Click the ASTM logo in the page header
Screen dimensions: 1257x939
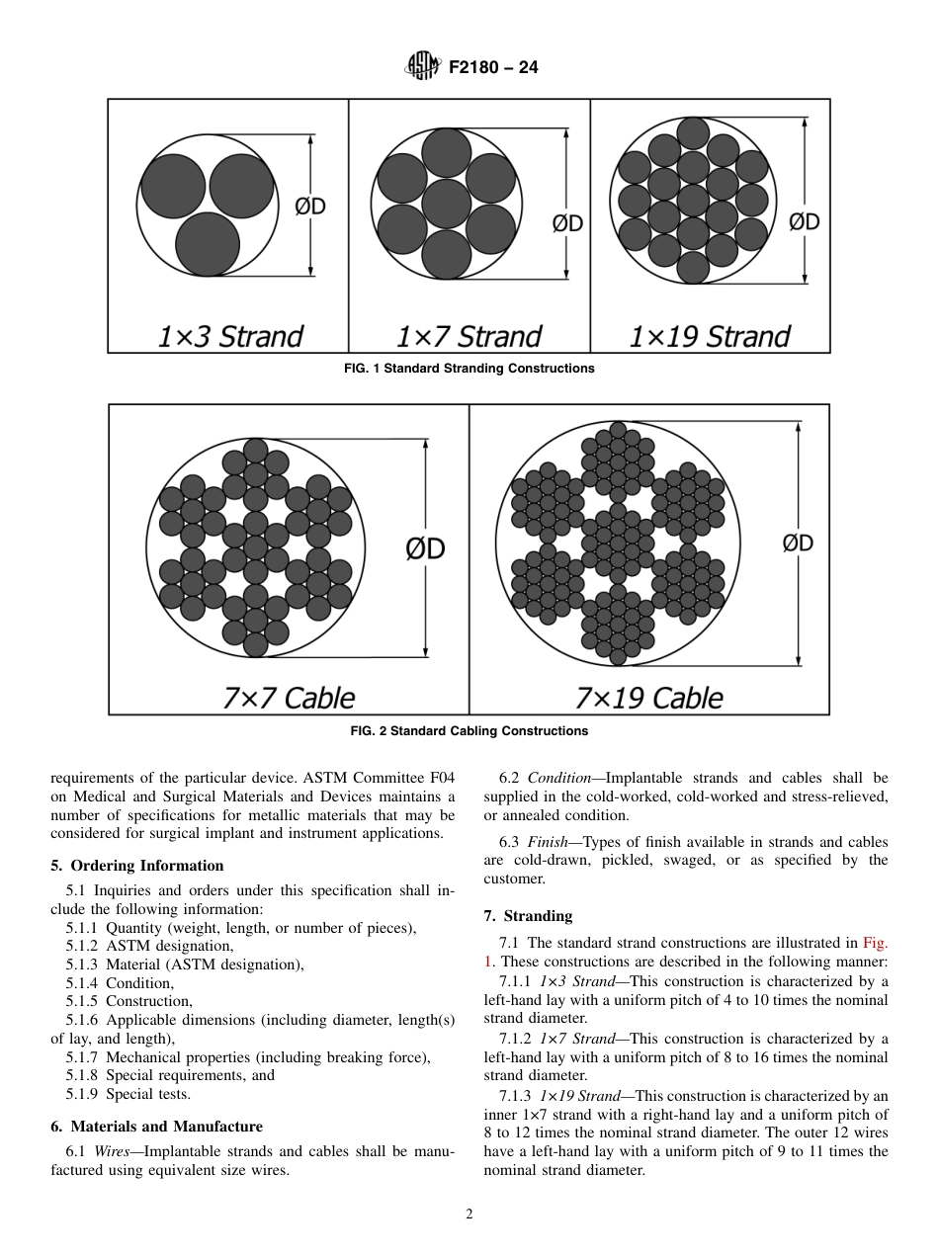point(422,68)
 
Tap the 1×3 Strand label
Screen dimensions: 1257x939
point(229,337)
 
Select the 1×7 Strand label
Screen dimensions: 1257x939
point(469,337)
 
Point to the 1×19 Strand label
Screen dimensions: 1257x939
point(710,337)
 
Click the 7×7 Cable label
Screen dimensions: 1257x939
point(288,698)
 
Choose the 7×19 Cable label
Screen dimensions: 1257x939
point(648,698)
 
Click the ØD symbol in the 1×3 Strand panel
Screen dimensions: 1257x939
point(310,207)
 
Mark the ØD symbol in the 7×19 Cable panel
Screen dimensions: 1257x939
point(798,543)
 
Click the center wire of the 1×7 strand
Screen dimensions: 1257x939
point(446,204)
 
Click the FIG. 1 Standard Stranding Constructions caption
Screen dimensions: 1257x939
point(469,369)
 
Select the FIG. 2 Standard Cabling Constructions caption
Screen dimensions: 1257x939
point(469,731)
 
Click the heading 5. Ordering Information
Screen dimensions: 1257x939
point(137,866)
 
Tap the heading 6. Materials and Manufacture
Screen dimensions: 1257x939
point(156,1127)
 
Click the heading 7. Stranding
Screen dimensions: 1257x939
point(528,916)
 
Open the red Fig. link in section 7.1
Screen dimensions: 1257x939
point(875,944)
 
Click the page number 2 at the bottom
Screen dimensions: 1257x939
point(469,1215)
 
